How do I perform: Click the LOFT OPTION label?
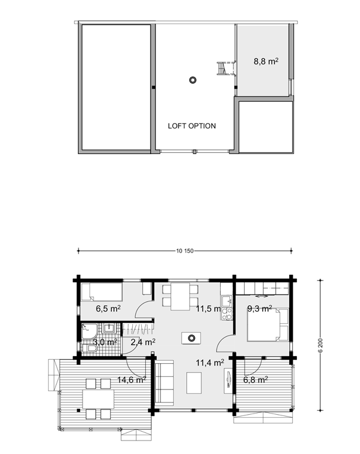[x=191, y=126]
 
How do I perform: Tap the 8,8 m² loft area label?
[x=266, y=62]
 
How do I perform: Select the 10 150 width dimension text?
[x=184, y=251]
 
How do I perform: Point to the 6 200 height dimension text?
[x=320, y=345]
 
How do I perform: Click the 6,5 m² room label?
[x=108, y=309]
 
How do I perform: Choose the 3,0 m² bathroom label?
[x=105, y=342]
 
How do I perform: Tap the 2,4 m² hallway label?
[x=143, y=342]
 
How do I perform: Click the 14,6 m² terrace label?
[x=132, y=380]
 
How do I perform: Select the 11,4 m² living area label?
[x=210, y=363]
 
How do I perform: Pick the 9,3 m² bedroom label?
[x=259, y=309]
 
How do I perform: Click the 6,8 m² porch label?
[x=255, y=380]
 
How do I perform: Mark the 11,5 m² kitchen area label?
[x=208, y=309]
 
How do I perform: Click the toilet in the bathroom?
[x=90, y=349]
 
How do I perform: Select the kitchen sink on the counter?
[x=227, y=301]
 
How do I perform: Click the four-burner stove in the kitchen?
[x=227, y=314]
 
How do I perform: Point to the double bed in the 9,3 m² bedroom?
[x=268, y=325]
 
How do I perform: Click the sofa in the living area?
[x=164, y=381]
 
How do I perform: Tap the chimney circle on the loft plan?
[x=193, y=80]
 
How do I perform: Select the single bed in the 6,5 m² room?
[x=101, y=292]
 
